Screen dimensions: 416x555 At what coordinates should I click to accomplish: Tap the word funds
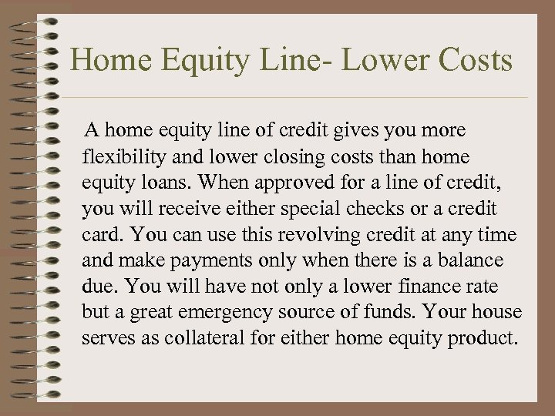coord(406,313)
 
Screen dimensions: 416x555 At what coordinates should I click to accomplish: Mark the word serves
coord(106,339)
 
